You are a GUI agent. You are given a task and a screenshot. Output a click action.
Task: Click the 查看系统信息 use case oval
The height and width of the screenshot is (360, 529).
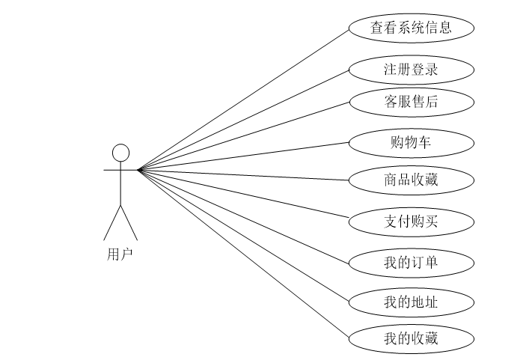[x=411, y=28]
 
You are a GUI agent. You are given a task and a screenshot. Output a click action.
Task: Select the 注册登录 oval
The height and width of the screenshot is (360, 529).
[x=411, y=70]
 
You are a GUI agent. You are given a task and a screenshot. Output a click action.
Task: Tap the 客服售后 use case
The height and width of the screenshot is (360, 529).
[x=411, y=103]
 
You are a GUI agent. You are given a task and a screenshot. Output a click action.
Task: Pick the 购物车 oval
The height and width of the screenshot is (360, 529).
[x=411, y=142]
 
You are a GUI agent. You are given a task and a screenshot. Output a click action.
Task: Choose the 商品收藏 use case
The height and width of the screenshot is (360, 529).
[x=411, y=180]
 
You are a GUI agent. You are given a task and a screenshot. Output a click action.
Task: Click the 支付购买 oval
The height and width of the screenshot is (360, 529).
[x=411, y=222]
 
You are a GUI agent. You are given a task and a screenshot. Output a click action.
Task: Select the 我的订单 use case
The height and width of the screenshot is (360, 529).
[x=411, y=262]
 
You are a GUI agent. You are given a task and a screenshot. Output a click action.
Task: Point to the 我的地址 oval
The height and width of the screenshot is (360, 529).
[x=411, y=302]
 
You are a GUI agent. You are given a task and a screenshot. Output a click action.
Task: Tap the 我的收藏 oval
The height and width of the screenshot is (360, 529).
[x=411, y=339]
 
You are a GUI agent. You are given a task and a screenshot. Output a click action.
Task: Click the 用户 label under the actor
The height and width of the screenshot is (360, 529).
[x=120, y=254]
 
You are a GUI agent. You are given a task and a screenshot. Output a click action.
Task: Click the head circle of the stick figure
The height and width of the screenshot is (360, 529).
[x=120, y=153]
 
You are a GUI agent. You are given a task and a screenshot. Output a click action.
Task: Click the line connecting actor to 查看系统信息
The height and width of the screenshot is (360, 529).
[x=243, y=100]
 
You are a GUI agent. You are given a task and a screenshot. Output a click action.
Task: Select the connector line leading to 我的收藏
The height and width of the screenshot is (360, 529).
[x=243, y=254]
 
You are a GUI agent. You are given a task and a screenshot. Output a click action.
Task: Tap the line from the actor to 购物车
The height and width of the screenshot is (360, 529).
[x=243, y=156]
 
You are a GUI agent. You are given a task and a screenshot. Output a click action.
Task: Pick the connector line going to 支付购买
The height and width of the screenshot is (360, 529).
[x=243, y=194]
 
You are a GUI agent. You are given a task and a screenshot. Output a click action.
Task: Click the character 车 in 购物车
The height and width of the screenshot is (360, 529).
[x=428, y=142]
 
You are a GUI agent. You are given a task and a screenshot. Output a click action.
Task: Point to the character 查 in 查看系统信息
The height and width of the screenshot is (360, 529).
[x=377, y=28]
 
